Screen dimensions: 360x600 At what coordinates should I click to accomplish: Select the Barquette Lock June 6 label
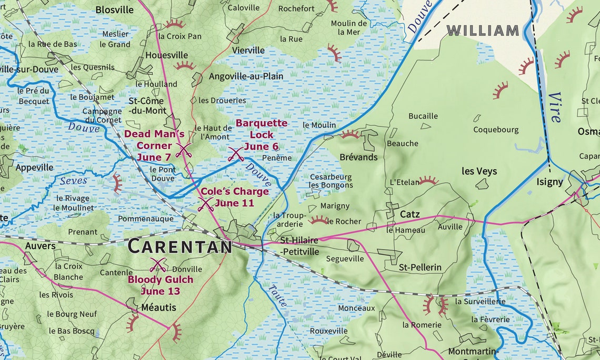coord(261,135)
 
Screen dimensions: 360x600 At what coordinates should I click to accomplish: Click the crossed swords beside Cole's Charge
coord(205,204)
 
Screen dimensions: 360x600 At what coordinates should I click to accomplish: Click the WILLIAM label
coord(483,31)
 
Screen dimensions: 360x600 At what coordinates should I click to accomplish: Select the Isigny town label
coord(549,182)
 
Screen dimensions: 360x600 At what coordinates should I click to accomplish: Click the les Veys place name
coord(479,171)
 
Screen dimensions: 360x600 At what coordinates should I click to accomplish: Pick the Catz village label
coord(409,214)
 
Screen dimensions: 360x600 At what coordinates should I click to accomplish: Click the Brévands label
coord(358,157)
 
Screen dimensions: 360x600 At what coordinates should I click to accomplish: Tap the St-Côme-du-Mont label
coord(147,106)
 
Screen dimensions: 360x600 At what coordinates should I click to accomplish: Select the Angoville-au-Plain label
coord(246,76)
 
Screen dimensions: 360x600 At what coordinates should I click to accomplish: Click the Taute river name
coord(277,296)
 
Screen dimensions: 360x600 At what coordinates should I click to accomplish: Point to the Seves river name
coord(73,181)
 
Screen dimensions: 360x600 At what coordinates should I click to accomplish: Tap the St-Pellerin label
coord(420,267)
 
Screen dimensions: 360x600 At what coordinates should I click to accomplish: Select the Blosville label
coord(114,9)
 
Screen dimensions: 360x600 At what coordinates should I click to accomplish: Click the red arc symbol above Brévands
coord(350,135)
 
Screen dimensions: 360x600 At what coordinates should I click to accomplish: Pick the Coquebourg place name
coord(496,129)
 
